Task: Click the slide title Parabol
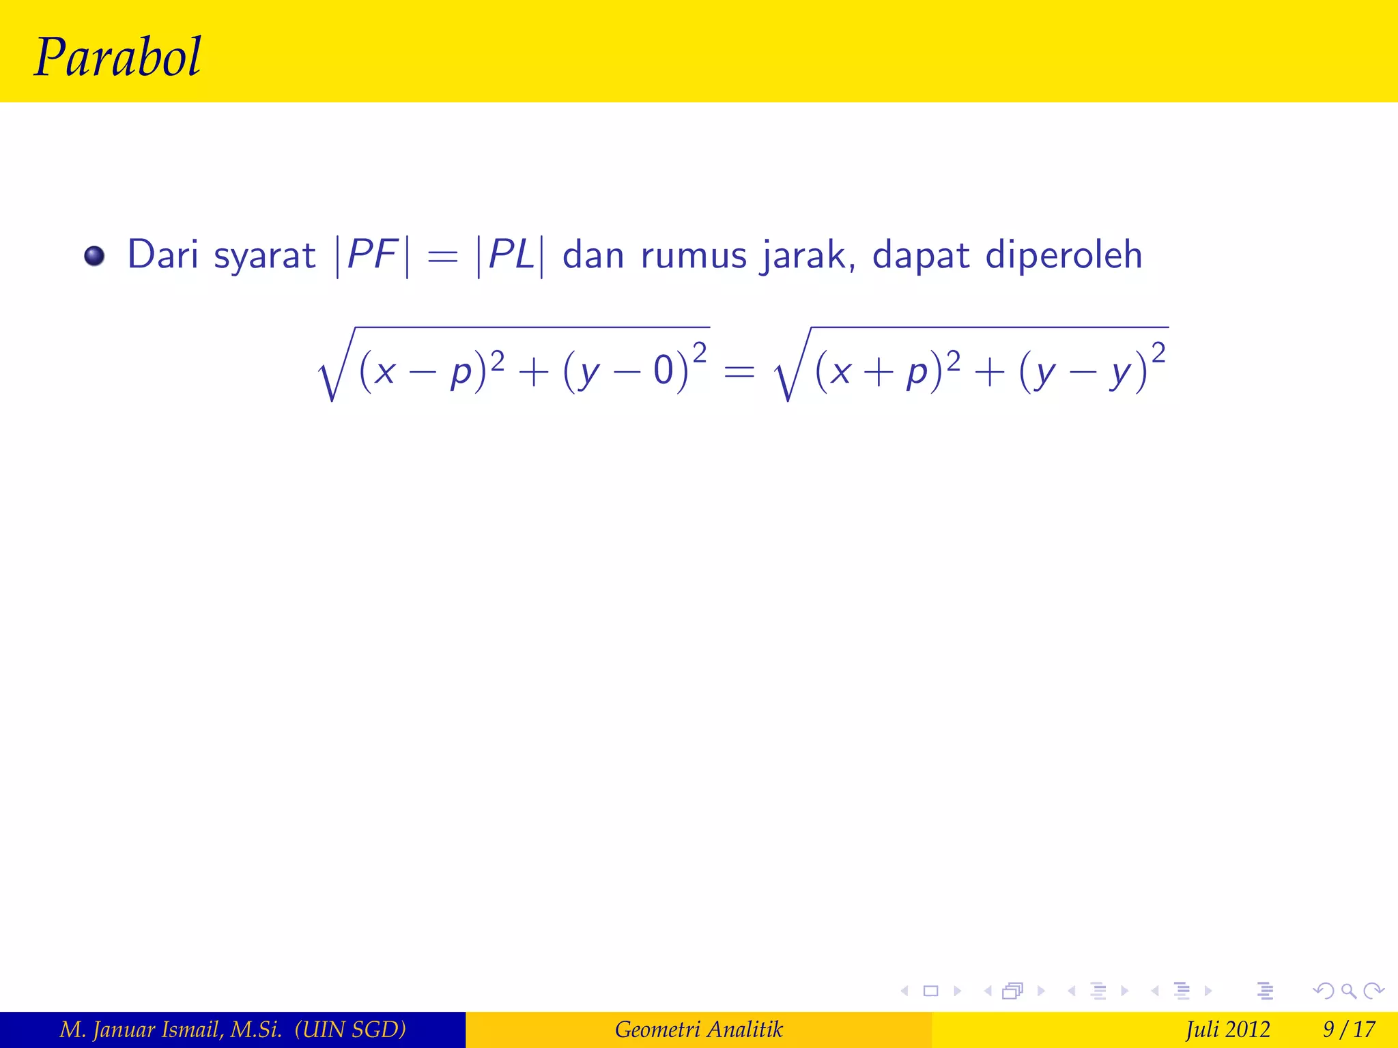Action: point(117,57)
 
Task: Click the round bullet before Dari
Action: point(94,257)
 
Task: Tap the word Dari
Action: point(162,254)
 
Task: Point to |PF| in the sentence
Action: point(373,255)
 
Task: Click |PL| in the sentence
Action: point(511,255)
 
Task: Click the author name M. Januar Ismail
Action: point(171,1029)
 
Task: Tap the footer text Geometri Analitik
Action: point(698,1029)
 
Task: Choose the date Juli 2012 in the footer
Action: point(1227,1029)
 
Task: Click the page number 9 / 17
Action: point(1349,1029)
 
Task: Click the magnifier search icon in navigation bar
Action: point(1348,991)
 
